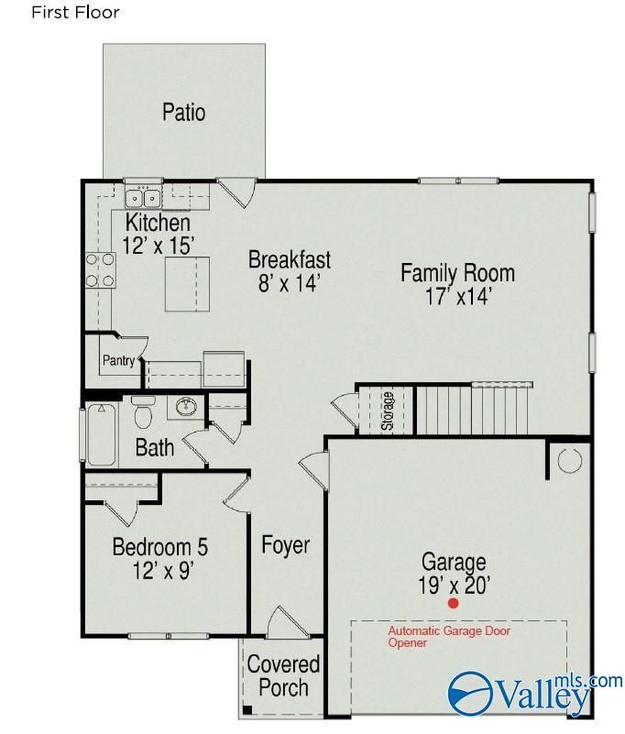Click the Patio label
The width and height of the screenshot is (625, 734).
click(x=183, y=113)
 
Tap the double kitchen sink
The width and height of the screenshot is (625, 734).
click(x=143, y=198)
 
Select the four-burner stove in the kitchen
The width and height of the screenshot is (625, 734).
click(x=100, y=270)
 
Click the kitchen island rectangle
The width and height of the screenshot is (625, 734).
click(x=187, y=284)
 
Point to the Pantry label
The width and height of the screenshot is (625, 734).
click(x=118, y=360)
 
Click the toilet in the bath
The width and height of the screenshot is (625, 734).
click(x=143, y=411)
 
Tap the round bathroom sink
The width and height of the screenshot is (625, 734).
click(x=186, y=406)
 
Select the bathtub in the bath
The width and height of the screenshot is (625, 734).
click(x=101, y=434)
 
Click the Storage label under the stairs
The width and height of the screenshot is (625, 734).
click(x=387, y=411)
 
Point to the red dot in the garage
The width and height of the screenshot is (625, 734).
click(x=453, y=603)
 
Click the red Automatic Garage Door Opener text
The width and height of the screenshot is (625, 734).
click(x=449, y=637)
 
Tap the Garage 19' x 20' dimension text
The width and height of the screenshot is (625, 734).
click(x=454, y=586)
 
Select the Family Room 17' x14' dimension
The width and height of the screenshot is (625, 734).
click(x=458, y=296)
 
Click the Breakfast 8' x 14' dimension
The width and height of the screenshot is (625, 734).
click(x=289, y=283)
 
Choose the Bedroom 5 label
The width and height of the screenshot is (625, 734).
click(x=159, y=547)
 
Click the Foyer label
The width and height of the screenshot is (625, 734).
click(x=285, y=545)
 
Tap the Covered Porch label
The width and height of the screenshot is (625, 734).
click(x=283, y=676)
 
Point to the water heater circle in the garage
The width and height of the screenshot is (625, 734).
click(x=570, y=459)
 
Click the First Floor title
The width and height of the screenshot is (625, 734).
click(x=75, y=12)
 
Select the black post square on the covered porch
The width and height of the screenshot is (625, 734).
click(x=247, y=709)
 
